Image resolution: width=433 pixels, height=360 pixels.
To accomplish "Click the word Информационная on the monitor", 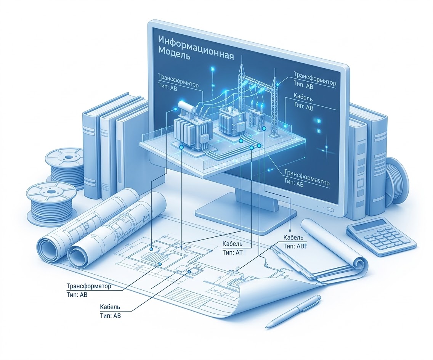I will pyautogui.click(x=195, y=42).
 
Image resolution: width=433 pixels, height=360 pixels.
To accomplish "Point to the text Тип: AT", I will pyautogui.click(x=232, y=252).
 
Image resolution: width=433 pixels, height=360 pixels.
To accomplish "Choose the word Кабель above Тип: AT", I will pyautogui.click(x=232, y=244).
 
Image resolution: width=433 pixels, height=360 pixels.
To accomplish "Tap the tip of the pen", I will pyautogui.click(x=268, y=326).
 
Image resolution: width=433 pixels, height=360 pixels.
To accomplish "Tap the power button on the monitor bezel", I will pyautogui.click(x=330, y=209).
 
